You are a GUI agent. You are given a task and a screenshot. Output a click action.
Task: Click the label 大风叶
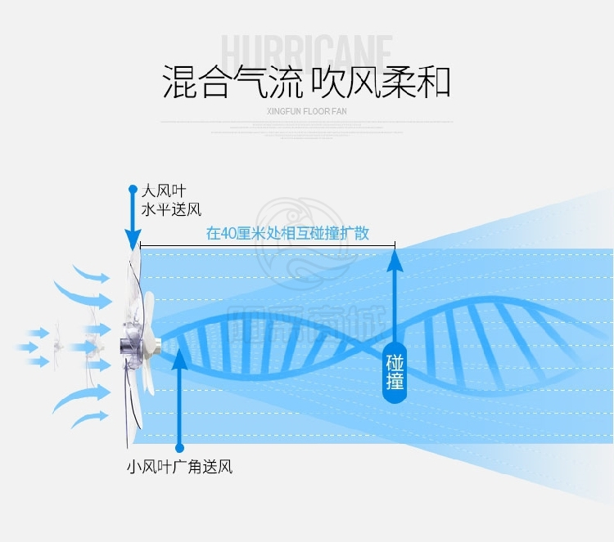click(x=158, y=191)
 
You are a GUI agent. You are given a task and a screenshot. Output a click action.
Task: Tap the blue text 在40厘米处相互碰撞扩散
click(x=287, y=234)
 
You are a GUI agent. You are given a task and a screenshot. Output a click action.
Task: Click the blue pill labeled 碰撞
click(x=395, y=373)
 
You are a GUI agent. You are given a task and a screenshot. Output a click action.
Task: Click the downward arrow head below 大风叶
click(x=133, y=240)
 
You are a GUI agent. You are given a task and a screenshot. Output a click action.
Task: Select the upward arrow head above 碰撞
click(x=395, y=261)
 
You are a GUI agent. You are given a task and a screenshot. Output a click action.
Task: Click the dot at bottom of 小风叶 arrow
click(x=180, y=447)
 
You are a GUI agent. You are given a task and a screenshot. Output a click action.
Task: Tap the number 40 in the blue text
click(x=231, y=234)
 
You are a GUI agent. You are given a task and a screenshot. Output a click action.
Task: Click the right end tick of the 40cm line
click(x=395, y=244)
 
